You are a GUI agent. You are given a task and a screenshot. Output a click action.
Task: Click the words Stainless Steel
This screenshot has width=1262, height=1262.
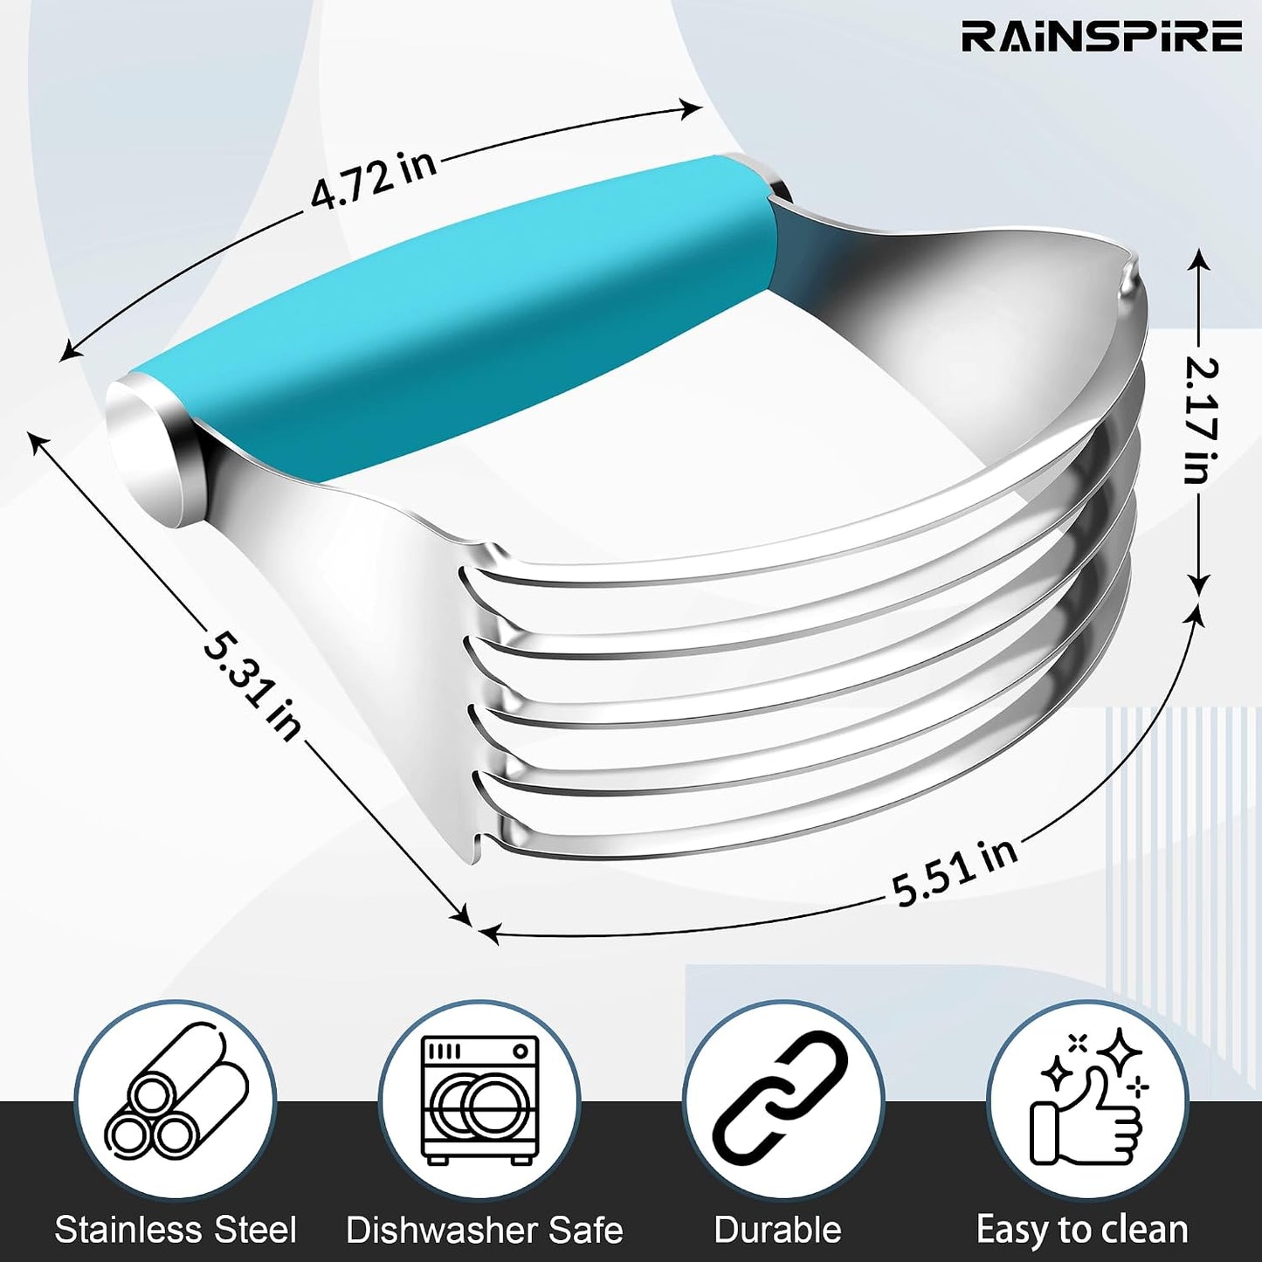pyautogui.click(x=176, y=1230)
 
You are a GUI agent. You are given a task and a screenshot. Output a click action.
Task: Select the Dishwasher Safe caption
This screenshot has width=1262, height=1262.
pyautogui.click(x=485, y=1230)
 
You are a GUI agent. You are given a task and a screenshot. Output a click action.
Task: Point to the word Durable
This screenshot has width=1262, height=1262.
pyautogui.click(x=777, y=1230)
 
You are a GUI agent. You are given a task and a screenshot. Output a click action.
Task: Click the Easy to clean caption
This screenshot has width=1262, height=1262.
pyautogui.click(x=1082, y=1230)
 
